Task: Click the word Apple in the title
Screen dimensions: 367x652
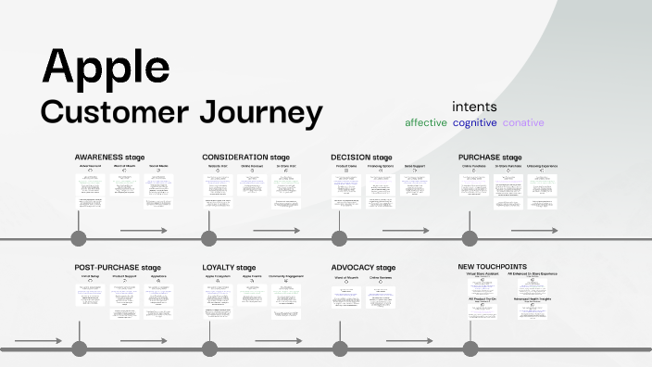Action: point(106,68)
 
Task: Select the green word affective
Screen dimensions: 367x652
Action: point(425,122)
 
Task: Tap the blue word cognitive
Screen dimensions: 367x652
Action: point(474,122)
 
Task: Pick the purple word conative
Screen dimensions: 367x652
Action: point(523,122)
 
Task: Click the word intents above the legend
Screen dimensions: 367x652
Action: point(474,107)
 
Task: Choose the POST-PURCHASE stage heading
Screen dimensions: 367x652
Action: point(124,268)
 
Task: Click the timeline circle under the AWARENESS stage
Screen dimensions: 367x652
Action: point(79,240)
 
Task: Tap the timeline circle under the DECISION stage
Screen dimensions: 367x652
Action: point(339,240)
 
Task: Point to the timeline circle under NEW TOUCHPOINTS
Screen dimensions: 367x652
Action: point(468,350)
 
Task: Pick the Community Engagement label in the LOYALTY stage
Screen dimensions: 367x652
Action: point(287,277)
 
